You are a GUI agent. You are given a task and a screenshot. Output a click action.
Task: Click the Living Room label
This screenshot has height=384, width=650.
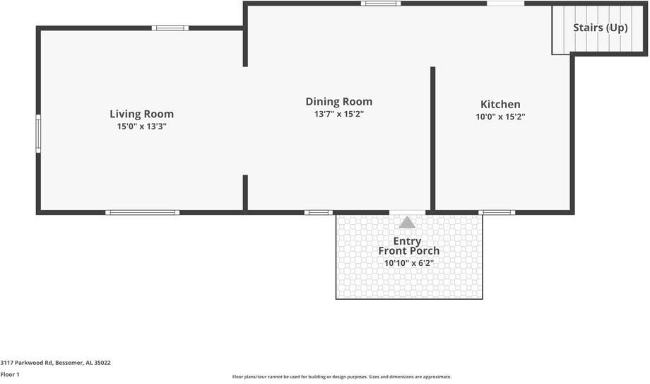click(x=142, y=114)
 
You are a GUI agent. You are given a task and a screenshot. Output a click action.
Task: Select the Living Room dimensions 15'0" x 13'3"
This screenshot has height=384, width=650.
click(x=142, y=126)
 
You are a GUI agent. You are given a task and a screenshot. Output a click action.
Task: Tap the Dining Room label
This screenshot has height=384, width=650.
click(x=339, y=102)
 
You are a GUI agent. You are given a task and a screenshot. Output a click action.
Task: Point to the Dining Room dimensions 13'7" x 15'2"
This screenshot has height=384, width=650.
click(x=339, y=114)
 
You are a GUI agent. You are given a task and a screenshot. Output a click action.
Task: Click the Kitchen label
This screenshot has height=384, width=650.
click(x=500, y=104)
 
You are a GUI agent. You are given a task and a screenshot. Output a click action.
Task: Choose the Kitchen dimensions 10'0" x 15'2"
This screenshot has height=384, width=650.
click(x=500, y=117)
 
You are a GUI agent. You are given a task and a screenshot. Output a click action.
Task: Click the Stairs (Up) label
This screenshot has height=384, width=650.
click(x=601, y=28)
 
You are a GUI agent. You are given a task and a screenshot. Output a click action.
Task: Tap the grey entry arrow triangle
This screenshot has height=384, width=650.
click(x=407, y=223)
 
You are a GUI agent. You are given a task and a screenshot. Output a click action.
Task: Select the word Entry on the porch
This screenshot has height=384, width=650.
click(x=407, y=241)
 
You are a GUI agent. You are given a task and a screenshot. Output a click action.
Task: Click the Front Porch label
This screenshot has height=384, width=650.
click(x=409, y=251)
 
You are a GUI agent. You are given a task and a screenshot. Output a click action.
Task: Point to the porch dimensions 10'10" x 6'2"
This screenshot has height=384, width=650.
click(x=409, y=263)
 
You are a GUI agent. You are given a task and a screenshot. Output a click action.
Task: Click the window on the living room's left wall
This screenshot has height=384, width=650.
click(x=38, y=134)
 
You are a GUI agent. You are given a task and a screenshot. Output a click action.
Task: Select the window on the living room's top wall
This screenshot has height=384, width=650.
click(x=170, y=28)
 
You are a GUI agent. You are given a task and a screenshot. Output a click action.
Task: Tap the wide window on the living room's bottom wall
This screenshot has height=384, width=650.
click(x=142, y=213)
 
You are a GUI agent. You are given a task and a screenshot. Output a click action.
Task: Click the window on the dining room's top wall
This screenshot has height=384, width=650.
click(x=381, y=4)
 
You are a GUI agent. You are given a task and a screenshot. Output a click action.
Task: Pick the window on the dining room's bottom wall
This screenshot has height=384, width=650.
click(x=319, y=213)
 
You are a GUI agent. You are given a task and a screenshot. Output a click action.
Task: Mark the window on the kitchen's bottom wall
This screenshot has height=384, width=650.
click(x=497, y=213)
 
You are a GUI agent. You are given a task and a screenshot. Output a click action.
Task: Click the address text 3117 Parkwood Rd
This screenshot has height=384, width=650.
click(x=27, y=362)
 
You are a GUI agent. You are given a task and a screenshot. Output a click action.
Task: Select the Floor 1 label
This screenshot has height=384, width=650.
click(x=10, y=374)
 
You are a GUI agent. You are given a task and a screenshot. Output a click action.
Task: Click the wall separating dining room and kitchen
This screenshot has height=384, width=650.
click(x=433, y=139)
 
